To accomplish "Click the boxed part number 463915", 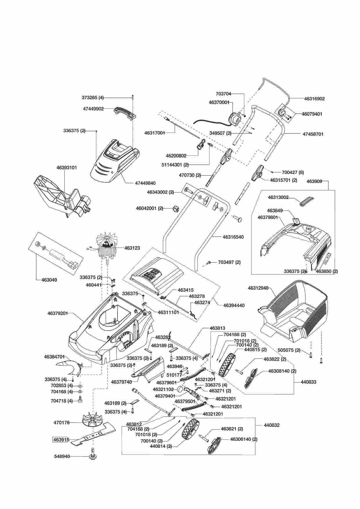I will [x=61, y=439].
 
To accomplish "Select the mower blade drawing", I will [x=93, y=434].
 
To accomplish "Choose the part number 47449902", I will [x=93, y=109].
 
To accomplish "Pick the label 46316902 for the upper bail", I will [x=314, y=99].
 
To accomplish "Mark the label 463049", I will [x=49, y=280].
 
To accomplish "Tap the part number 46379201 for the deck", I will [x=57, y=313].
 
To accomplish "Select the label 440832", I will [x=272, y=425].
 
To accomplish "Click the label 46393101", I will [x=67, y=168].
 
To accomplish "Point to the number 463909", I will [x=314, y=182].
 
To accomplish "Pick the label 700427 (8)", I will [x=293, y=172].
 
